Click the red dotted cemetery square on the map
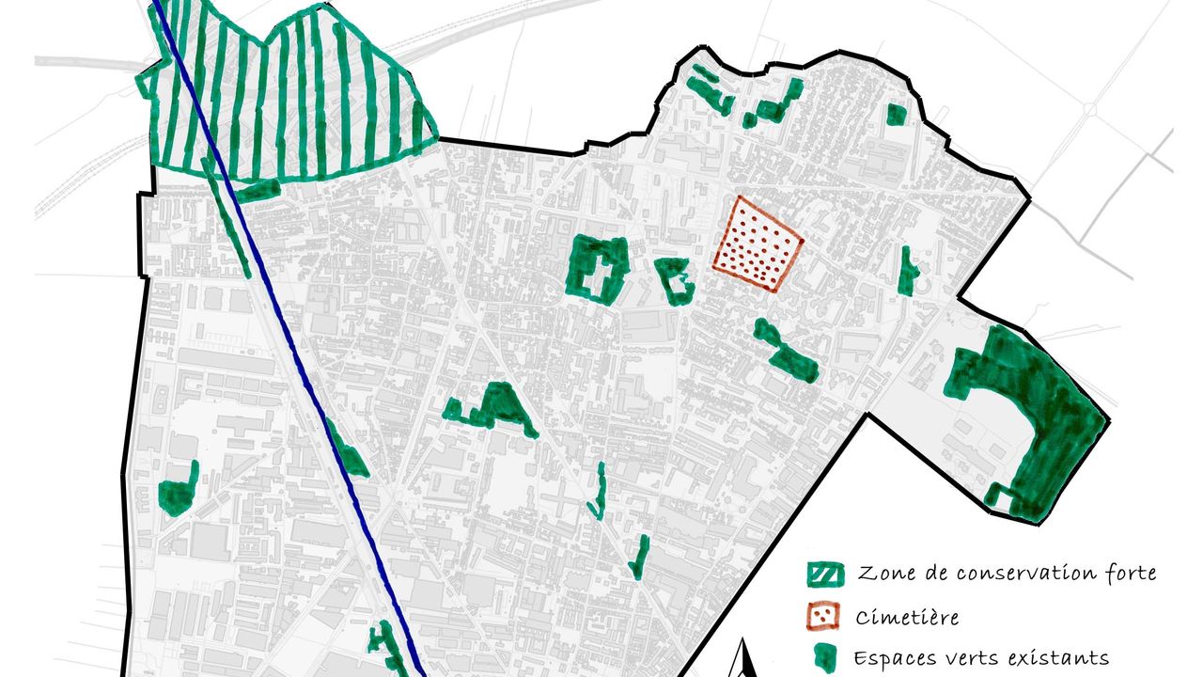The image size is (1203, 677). click(x=758, y=243)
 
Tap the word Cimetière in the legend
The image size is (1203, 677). click(x=907, y=618)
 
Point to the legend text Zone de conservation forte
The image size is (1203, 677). click(x=1006, y=573)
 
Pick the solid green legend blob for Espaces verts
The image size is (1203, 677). click(x=823, y=657)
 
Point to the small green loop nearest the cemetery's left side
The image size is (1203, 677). click(x=675, y=279)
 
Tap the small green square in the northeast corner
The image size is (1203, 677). click(x=897, y=115)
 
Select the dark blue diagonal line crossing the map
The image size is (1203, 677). click(x=282, y=329)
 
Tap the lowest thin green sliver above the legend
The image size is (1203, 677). click(x=639, y=556)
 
